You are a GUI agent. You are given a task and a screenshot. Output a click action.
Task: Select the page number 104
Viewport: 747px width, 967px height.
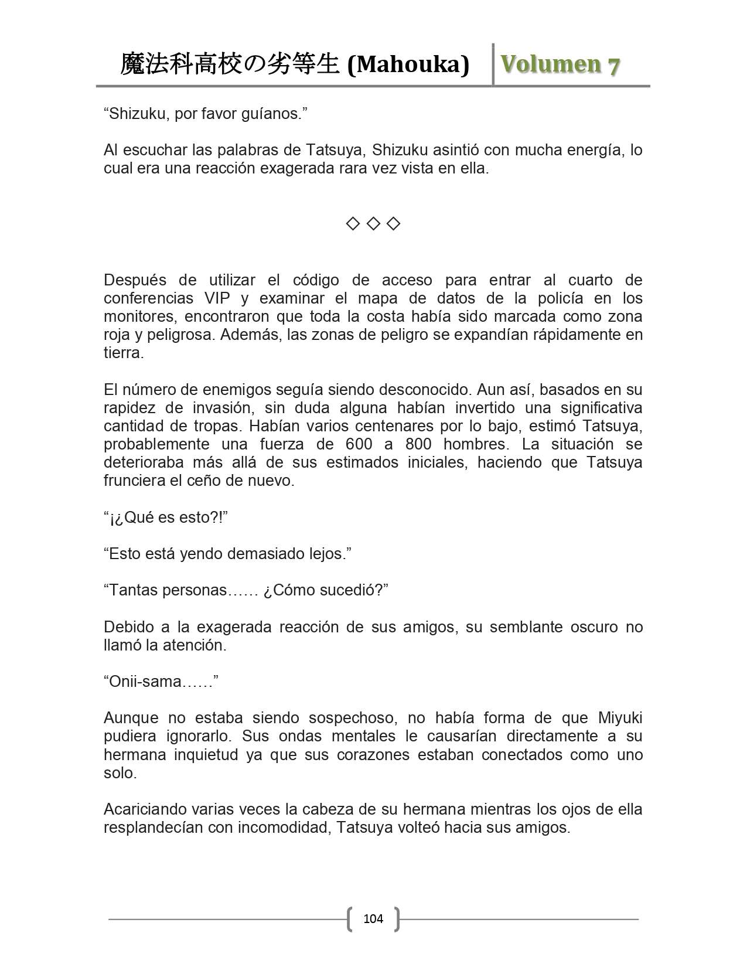coord(373,918)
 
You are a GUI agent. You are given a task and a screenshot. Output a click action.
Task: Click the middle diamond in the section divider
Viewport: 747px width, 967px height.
coord(373,223)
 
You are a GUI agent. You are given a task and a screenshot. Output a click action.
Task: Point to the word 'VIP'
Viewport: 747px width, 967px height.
coord(217,298)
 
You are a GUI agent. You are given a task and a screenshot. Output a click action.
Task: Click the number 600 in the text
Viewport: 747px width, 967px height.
coord(359,444)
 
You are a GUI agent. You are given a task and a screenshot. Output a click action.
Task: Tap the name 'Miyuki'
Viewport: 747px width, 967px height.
coord(620,717)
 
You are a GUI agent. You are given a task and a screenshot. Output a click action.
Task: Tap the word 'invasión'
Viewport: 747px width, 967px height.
coord(226,407)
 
